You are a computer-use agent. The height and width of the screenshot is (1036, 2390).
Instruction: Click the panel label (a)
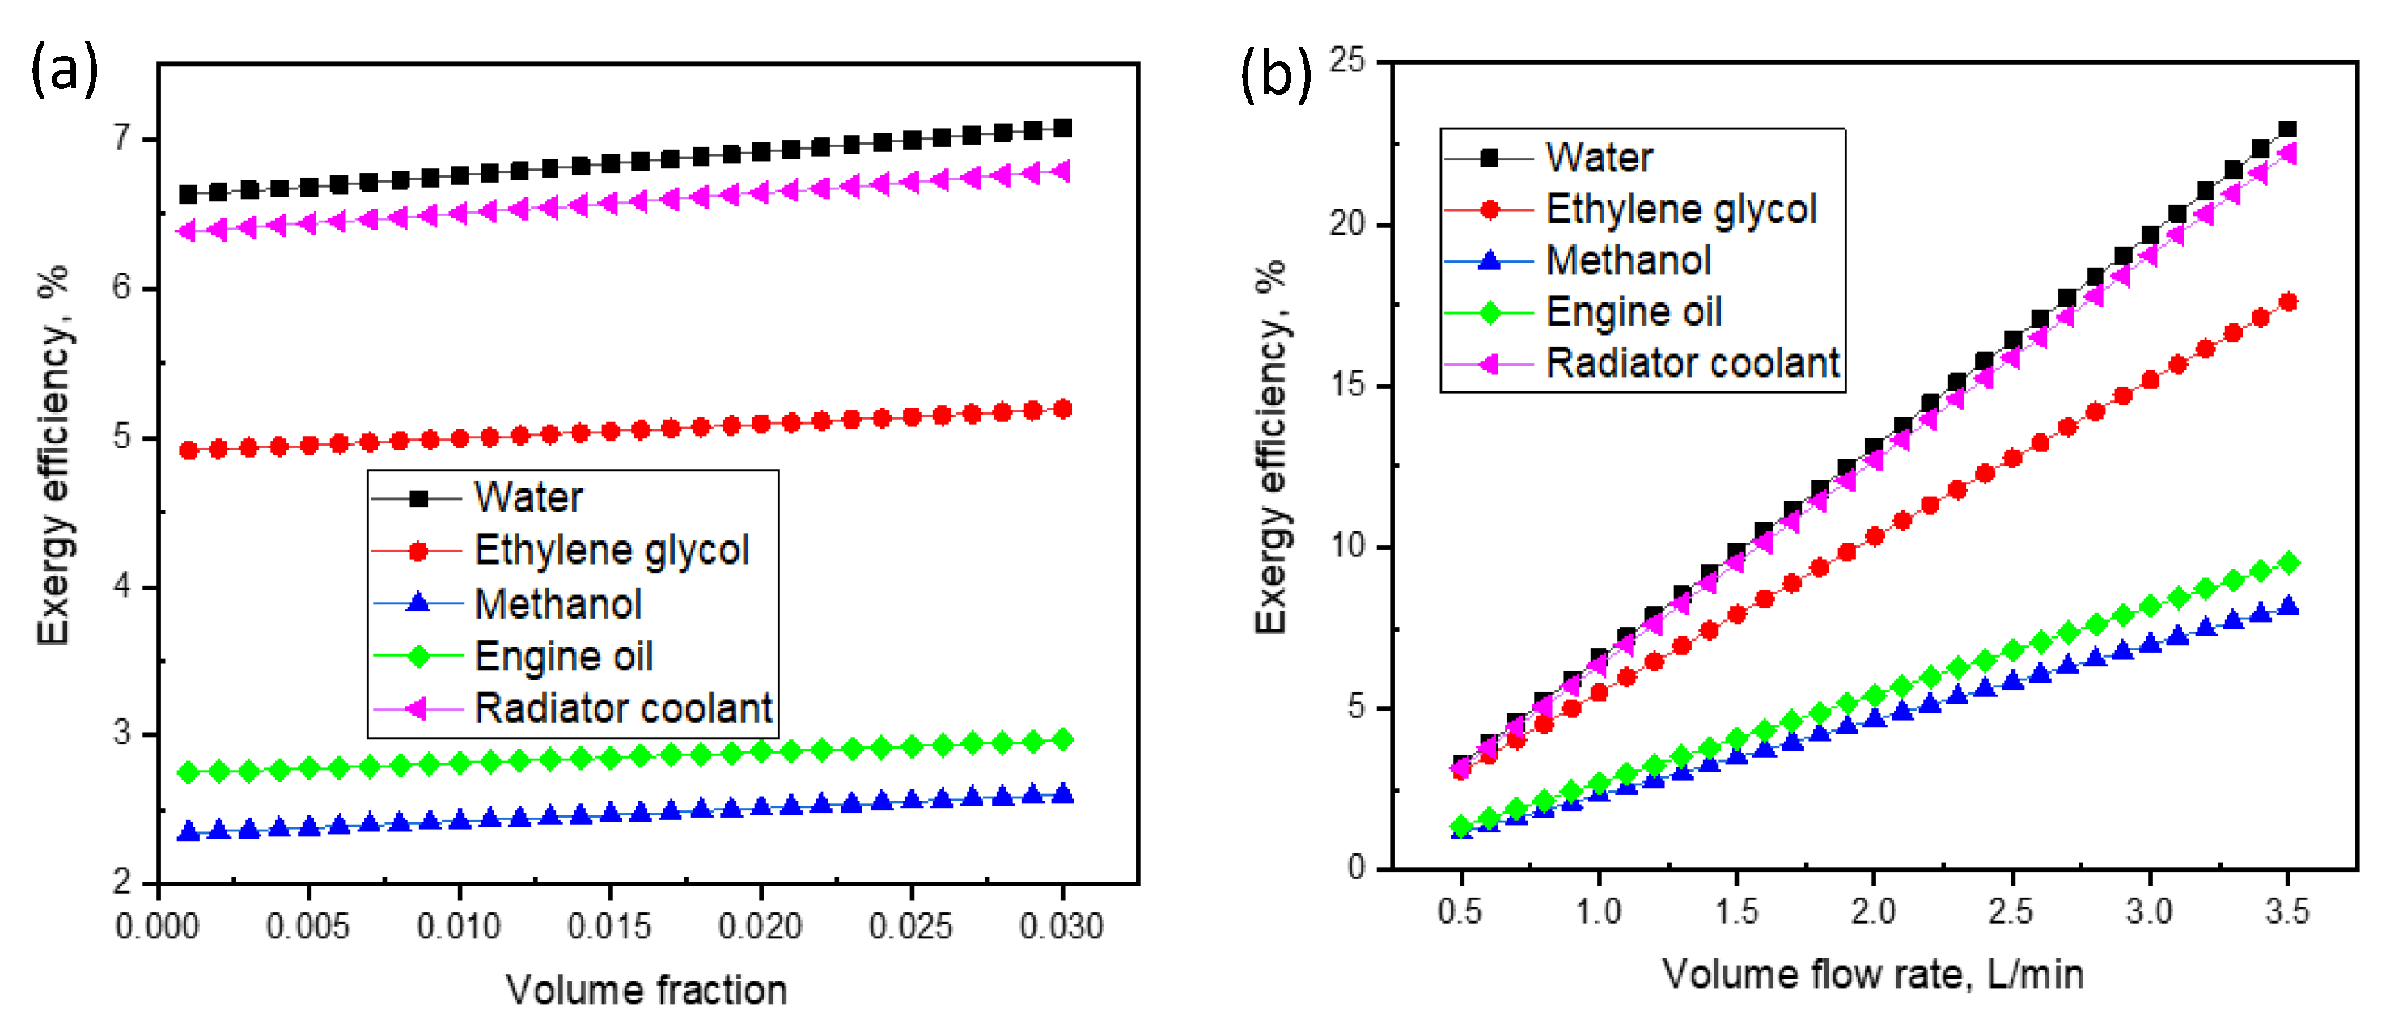tap(64, 70)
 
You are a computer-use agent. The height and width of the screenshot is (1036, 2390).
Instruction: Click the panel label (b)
tap(1276, 74)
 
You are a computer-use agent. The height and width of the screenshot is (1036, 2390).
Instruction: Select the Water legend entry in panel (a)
tap(528, 498)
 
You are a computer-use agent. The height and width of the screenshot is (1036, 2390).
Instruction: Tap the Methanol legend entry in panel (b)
tap(1627, 260)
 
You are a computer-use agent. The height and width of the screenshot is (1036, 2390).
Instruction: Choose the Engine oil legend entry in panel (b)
tap(1633, 312)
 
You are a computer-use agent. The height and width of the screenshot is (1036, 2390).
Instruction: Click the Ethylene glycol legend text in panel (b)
tap(1680, 209)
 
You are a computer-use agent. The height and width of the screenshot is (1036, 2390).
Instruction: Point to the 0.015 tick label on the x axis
tap(609, 926)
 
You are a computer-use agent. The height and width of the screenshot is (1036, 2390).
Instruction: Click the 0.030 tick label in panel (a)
tap(1062, 926)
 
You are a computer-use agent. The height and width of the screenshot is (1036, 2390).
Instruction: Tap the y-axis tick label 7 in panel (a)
tap(122, 138)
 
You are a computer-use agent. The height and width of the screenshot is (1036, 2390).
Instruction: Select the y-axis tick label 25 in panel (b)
tap(1347, 61)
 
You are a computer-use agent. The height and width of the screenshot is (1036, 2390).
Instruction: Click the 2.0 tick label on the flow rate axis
tap(1872, 911)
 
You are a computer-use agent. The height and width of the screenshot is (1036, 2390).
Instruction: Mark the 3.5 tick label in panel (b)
tap(2286, 911)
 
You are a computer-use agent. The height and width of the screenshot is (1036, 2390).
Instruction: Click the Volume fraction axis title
tap(646, 990)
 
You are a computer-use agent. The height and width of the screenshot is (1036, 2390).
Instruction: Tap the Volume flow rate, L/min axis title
tap(1872, 975)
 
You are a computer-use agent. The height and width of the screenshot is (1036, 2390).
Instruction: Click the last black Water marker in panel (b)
tap(2288, 129)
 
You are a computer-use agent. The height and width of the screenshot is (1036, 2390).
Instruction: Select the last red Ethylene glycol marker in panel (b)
tap(2288, 302)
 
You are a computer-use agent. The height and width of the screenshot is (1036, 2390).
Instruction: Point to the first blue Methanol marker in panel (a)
tap(189, 832)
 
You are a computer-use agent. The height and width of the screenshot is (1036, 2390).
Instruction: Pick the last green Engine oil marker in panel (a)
tap(1063, 739)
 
